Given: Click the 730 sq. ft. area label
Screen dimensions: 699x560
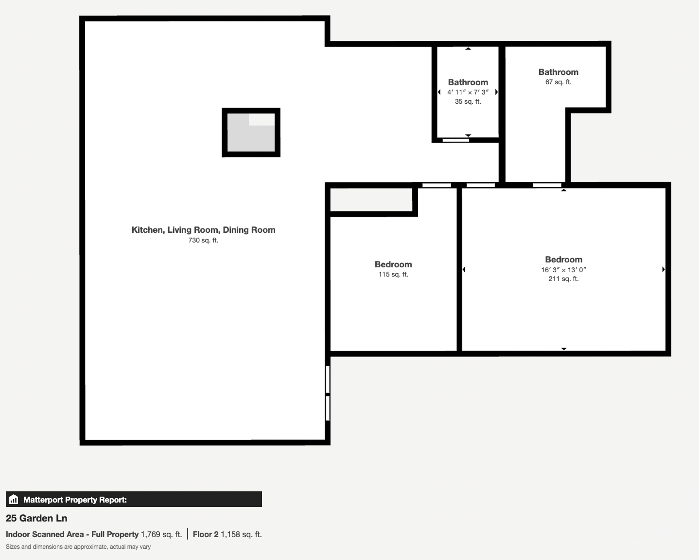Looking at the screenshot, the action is tap(203, 240).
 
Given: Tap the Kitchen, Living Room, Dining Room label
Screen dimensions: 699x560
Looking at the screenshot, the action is tap(203, 230).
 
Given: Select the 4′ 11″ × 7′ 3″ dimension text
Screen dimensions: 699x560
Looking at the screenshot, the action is tap(468, 92).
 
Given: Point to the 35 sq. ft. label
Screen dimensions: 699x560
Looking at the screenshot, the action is tap(468, 101).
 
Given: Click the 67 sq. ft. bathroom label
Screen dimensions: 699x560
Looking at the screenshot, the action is tap(558, 82).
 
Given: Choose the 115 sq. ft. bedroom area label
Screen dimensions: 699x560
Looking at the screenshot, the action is tap(393, 274).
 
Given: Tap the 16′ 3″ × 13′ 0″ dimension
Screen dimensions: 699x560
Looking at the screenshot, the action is tap(563, 270).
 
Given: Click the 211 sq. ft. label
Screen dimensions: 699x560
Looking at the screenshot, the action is tap(563, 279).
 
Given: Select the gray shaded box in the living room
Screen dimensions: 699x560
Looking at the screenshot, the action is tap(251, 133).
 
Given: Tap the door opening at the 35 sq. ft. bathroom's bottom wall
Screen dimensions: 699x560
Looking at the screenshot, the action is tap(456, 140).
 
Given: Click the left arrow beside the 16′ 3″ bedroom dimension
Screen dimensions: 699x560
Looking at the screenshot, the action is tap(464, 269).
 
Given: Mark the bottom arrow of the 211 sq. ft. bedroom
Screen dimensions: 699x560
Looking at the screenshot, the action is tap(564, 349).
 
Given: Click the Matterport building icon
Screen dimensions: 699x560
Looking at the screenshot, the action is tap(13, 499).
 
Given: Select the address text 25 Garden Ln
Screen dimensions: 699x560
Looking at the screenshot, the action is tap(36, 518).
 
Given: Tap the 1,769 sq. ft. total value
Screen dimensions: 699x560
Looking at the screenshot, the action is tap(161, 534).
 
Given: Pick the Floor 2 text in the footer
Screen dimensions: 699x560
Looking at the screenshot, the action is tap(206, 534).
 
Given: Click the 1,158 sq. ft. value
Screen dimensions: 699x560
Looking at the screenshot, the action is tap(241, 534).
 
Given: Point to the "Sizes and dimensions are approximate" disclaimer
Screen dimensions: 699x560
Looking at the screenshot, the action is tap(78, 547).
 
